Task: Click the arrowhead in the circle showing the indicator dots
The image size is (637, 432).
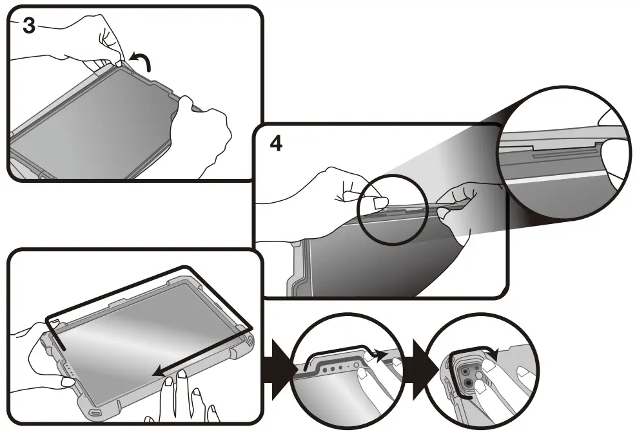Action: [x=382, y=353]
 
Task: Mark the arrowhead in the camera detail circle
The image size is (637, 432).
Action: [x=494, y=351]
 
